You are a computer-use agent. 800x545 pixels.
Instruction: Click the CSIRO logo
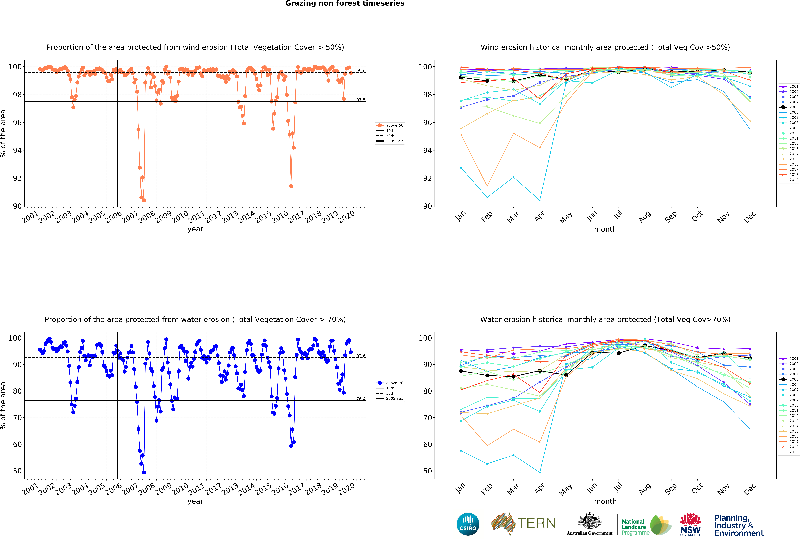(468, 524)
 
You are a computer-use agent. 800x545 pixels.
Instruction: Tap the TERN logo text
(536, 523)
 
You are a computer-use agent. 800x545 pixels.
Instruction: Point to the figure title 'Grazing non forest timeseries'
(345, 3)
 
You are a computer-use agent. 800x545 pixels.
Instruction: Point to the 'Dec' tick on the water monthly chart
(750, 489)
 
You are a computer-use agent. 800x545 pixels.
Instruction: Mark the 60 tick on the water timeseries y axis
(17, 444)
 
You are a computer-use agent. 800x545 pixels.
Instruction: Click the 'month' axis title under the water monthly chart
(605, 501)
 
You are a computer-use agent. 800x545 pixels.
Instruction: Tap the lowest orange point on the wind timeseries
(144, 200)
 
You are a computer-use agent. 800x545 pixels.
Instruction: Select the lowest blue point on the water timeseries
(144, 472)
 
